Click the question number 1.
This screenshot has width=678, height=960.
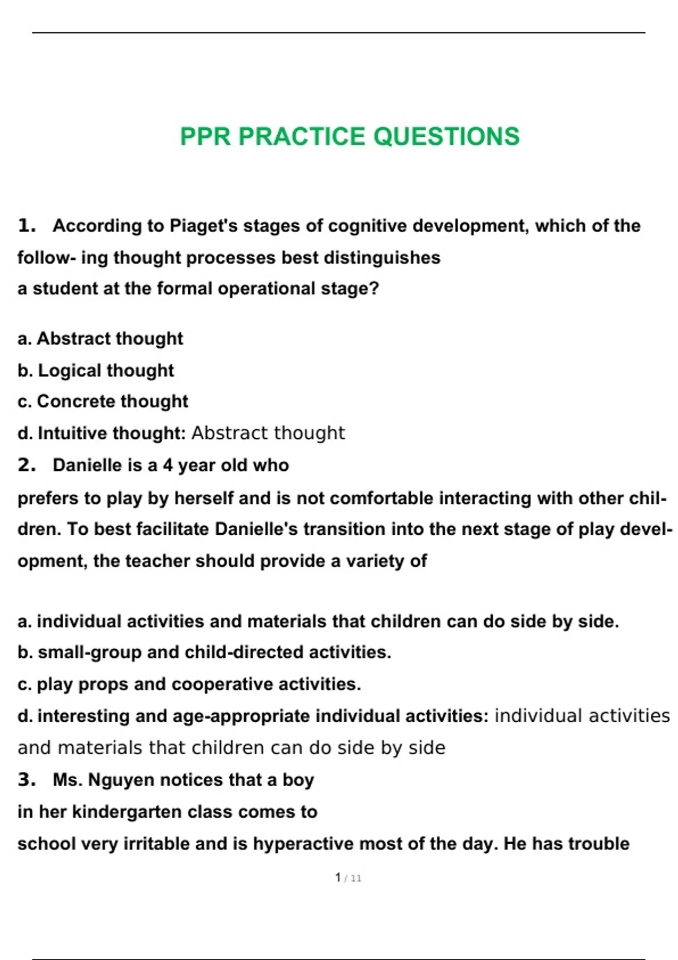click(26, 226)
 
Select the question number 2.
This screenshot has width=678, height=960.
click(26, 465)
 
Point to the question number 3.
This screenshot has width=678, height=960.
click(26, 780)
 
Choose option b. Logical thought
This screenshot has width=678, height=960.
click(96, 370)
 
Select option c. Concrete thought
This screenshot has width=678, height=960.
click(103, 402)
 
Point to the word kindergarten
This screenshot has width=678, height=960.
click(127, 812)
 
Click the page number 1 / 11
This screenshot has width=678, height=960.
click(347, 878)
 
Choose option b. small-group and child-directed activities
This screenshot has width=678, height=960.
click(205, 652)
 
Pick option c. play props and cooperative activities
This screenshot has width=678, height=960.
click(189, 684)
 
